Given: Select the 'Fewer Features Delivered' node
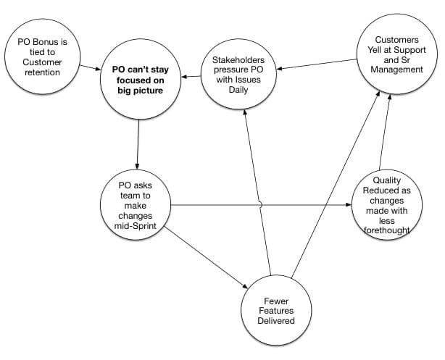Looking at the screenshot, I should click(278, 309).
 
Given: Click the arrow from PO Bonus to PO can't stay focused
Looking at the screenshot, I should click(89, 67).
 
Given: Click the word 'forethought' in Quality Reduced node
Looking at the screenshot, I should click(387, 230).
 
